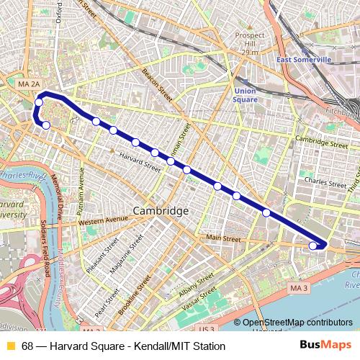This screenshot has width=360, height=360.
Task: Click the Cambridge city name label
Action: point(160,211)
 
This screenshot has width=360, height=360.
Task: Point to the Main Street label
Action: point(222,238)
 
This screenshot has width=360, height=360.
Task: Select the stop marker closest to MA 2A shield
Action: point(40,103)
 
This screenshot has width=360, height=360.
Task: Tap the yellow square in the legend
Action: point(10,346)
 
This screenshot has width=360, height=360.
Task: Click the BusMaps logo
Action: point(325,346)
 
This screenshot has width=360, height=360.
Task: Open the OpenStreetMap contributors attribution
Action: point(297,323)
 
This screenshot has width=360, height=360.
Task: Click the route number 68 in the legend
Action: point(27,346)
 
